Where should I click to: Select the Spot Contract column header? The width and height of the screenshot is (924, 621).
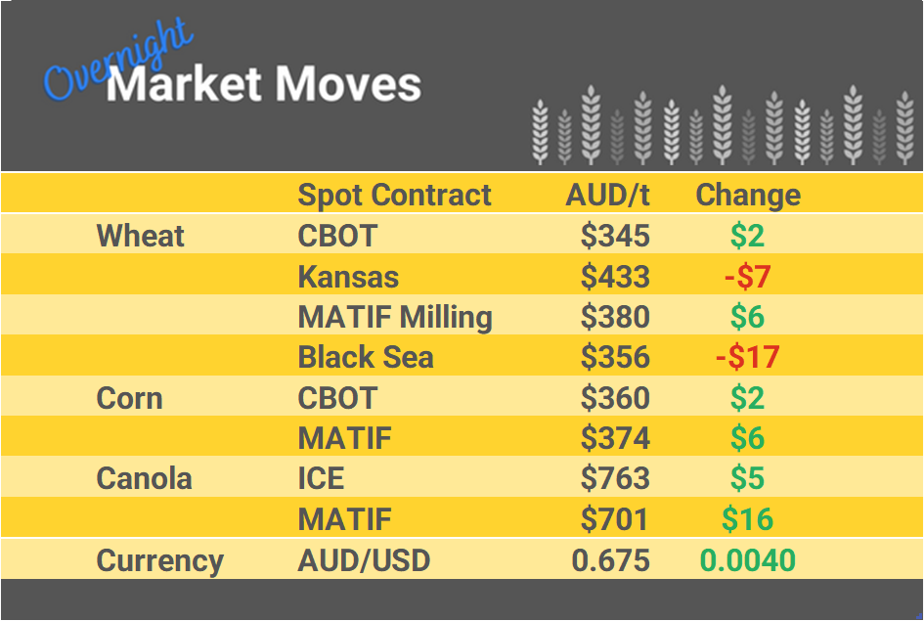(x=394, y=195)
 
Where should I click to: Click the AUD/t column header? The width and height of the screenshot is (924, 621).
(x=607, y=195)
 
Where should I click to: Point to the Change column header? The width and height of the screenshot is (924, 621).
(x=748, y=195)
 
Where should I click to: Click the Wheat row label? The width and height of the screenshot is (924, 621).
(x=141, y=236)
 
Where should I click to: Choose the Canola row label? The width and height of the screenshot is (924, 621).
(x=144, y=478)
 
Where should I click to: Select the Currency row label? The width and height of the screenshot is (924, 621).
(x=159, y=560)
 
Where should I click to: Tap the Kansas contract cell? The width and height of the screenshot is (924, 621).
(x=348, y=277)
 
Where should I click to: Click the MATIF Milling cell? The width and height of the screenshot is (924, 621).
(x=395, y=317)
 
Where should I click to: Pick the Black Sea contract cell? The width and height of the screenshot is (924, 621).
(x=365, y=357)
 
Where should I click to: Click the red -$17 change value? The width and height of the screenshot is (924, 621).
(x=747, y=357)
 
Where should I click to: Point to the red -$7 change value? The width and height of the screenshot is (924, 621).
(x=748, y=277)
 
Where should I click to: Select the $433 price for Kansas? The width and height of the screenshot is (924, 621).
(x=615, y=277)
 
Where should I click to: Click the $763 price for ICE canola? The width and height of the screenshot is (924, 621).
(x=615, y=478)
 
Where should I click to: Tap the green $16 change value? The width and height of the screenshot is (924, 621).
(x=747, y=519)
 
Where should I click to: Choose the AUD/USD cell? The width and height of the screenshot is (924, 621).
(x=364, y=560)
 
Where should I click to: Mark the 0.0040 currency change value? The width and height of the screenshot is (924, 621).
(x=747, y=560)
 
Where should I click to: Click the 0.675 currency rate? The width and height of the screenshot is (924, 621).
(x=611, y=560)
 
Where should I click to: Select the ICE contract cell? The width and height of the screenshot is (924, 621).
(x=321, y=478)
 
